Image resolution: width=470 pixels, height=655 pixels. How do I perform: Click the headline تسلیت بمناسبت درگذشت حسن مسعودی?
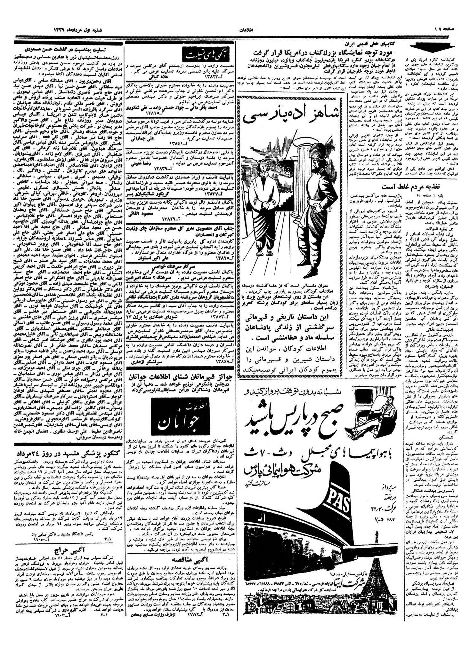point(70,50)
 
